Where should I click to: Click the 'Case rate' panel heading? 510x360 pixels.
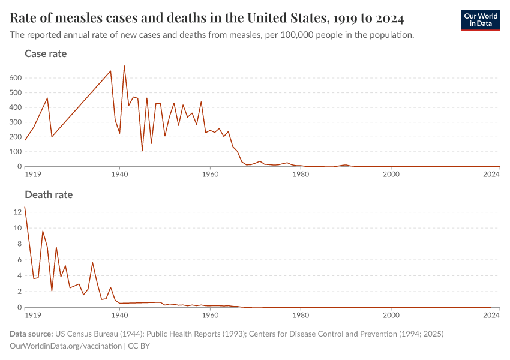click(x=46, y=54)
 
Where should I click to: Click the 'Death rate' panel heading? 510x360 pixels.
click(x=49, y=194)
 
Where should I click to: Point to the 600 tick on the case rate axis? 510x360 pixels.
click(x=16, y=78)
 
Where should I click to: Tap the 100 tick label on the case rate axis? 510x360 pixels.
click(x=16, y=152)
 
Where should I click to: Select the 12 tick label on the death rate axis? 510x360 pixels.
click(x=17, y=212)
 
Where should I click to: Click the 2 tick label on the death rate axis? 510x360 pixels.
click(x=19, y=292)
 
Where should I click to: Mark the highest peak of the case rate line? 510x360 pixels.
click(x=124, y=66)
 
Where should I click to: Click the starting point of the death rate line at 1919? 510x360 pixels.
click(x=25, y=207)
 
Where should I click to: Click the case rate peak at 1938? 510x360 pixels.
click(x=110, y=71)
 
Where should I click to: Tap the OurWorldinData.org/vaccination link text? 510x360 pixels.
click(x=65, y=346)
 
